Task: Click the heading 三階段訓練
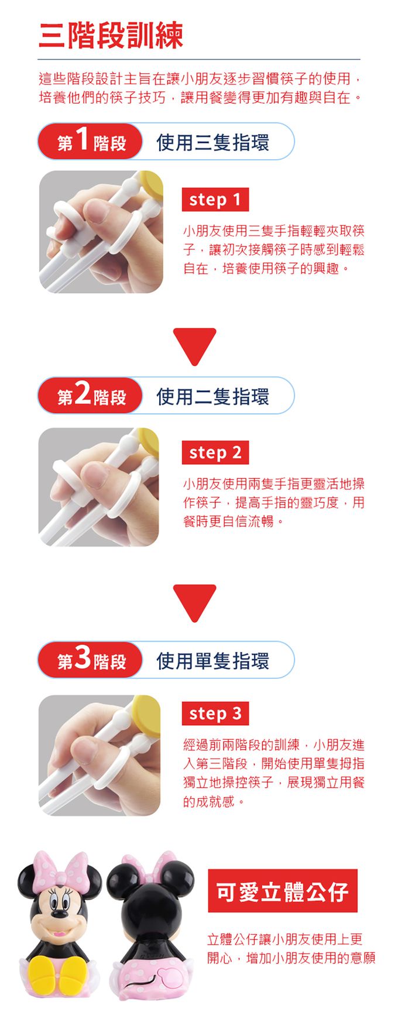pyautogui.click(x=111, y=36)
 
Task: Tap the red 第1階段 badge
pyautogui.click(x=91, y=142)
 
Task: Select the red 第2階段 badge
pyautogui.click(x=91, y=396)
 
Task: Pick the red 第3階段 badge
pyautogui.click(x=91, y=660)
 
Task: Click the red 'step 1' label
pyautogui.click(x=215, y=200)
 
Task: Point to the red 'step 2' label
pyautogui.click(x=215, y=452)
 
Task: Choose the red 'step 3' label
pyautogui.click(x=215, y=713)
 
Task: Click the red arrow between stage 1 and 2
pyautogui.click(x=195, y=347)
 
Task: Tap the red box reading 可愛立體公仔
pyautogui.click(x=283, y=891)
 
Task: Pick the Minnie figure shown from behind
pyautogui.click(x=150, y=925)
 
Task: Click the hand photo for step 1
pyautogui.click(x=101, y=232)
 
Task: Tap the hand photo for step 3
pyautogui.click(x=99, y=755)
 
